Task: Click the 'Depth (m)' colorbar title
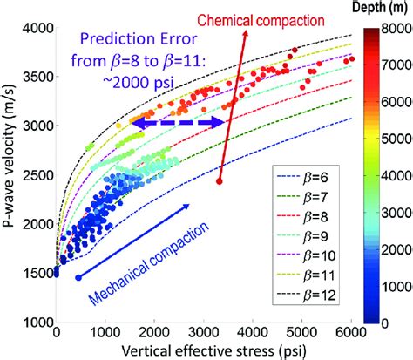pyautogui.click(x=381, y=10)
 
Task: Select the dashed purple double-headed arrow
pyautogui.click(x=178, y=124)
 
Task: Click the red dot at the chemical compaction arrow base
pyautogui.click(x=219, y=181)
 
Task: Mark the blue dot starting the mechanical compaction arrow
pyautogui.click(x=78, y=277)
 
